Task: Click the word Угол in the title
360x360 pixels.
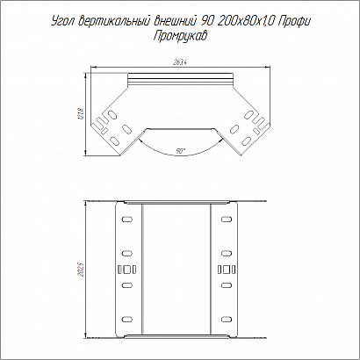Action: [63, 22]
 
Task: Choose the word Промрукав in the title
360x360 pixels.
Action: [180, 37]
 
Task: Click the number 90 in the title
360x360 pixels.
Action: [208, 21]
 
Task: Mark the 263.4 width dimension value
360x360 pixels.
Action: [181, 62]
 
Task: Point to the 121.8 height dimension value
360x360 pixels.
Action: [82, 113]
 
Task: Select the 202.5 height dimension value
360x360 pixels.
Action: [82, 269]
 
